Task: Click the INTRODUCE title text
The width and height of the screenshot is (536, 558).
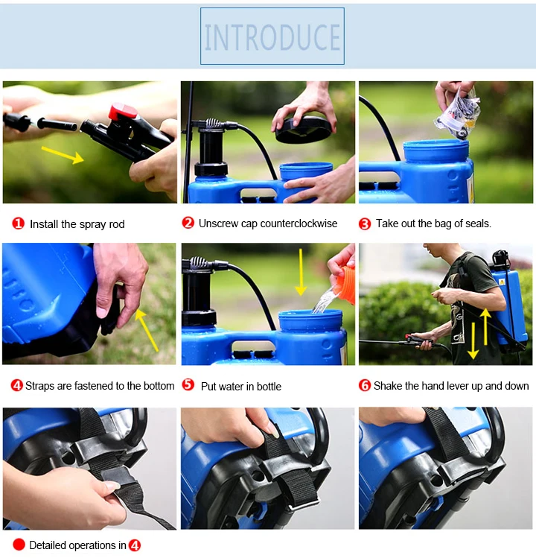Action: point(272,37)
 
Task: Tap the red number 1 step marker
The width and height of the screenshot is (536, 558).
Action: point(18,223)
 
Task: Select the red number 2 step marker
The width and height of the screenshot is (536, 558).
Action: point(188,223)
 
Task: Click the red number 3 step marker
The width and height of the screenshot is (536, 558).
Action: point(365,223)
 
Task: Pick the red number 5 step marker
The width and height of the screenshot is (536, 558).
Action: point(188,384)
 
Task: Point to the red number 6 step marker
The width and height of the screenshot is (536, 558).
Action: point(365,385)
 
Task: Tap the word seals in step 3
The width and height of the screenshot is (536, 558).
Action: point(479,223)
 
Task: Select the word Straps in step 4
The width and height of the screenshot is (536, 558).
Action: point(40,387)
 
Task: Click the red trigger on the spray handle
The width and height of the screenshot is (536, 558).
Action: point(122,112)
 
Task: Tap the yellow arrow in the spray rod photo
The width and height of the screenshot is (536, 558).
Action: point(63,155)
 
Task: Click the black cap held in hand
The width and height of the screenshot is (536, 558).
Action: point(304,130)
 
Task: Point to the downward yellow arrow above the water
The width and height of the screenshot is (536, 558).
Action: point(301,272)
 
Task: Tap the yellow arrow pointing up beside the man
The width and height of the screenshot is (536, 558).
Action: point(485,327)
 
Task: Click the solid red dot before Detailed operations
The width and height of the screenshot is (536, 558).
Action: point(19,545)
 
